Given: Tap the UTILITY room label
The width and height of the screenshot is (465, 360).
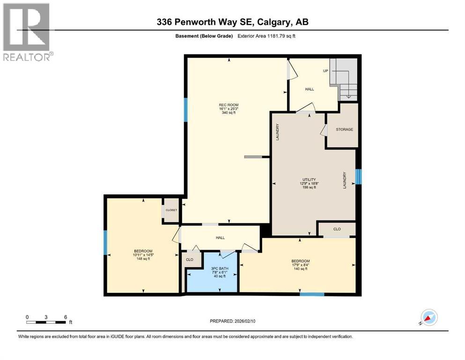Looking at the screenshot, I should click(309, 179).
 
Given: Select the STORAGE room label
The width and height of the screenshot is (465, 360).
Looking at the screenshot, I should click(344, 129).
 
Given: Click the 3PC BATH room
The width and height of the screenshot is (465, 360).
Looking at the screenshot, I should click(213, 272).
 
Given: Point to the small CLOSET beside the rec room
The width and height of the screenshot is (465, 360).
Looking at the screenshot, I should click(171, 210).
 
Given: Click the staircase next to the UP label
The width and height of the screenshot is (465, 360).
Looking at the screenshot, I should click(345, 80).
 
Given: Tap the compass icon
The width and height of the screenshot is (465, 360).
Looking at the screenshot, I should click(428, 318).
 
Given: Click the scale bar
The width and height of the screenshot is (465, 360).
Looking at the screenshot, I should click(46, 322).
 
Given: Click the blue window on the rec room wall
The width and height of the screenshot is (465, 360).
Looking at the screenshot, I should click(185, 109).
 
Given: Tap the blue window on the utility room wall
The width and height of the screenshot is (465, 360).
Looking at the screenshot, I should click(358, 177).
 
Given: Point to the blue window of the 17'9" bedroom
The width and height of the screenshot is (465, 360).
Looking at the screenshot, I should click(312, 294).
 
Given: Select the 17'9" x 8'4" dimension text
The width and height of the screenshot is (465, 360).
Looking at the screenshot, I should click(300, 265).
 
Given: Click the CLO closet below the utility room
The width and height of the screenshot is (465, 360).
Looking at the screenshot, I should click(337, 229).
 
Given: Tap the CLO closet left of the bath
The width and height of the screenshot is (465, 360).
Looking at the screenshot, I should click(190, 259).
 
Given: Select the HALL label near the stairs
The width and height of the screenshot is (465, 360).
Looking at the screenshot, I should click(310, 89).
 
